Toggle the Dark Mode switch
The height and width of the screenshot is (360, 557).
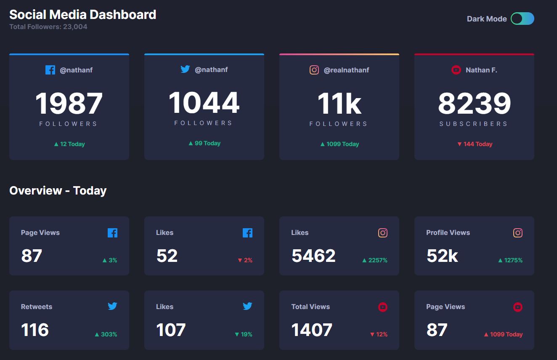tap(523, 19)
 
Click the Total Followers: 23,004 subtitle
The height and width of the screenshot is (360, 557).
tap(48, 27)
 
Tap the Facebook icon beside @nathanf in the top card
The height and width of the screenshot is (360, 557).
tap(50, 70)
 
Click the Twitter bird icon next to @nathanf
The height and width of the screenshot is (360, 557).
tap(185, 69)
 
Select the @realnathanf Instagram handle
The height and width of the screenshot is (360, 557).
tap(346, 70)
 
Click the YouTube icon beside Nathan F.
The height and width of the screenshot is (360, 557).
tap(456, 70)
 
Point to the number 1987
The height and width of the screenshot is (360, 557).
tap(69, 103)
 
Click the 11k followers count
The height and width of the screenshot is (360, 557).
tap(339, 103)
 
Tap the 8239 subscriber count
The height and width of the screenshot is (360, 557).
tap(475, 103)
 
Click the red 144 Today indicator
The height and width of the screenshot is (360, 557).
tap(475, 144)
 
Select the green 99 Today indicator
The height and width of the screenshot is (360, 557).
tap(204, 143)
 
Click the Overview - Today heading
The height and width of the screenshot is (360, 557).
tap(58, 191)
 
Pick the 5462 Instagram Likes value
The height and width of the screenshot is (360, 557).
tap(313, 256)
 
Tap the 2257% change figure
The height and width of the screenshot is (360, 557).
tap(375, 260)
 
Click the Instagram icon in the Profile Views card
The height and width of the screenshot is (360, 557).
tap(518, 233)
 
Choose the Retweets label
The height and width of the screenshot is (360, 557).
tap(37, 307)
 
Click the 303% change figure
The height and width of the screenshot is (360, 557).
tap(106, 334)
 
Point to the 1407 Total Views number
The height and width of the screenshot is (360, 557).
tap(312, 330)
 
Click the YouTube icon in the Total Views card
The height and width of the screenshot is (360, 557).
tap(383, 307)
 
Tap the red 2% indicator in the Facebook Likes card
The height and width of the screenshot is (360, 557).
tap(245, 260)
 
